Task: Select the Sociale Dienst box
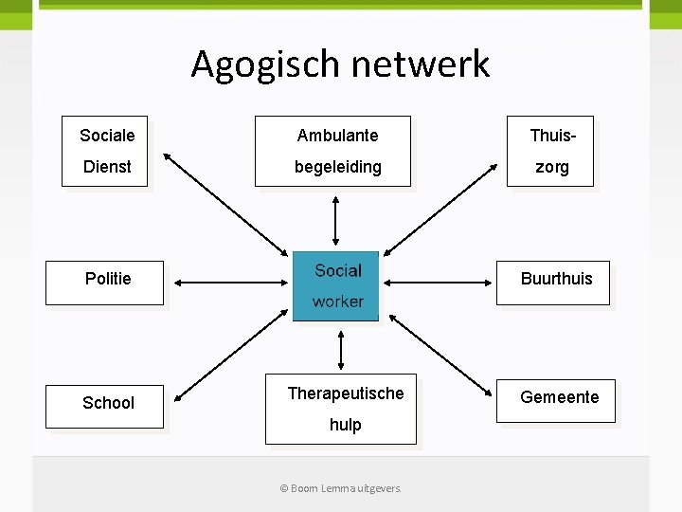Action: tap(105, 151)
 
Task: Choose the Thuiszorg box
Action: tap(550, 151)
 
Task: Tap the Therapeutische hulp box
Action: tap(340, 408)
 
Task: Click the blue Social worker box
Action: tap(336, 285)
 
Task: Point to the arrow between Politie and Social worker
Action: tap(228, 282)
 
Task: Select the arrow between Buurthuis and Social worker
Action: tap(438, 282)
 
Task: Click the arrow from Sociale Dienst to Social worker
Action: tap(224, 203)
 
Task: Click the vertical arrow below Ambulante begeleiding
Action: tap(335, 220)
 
